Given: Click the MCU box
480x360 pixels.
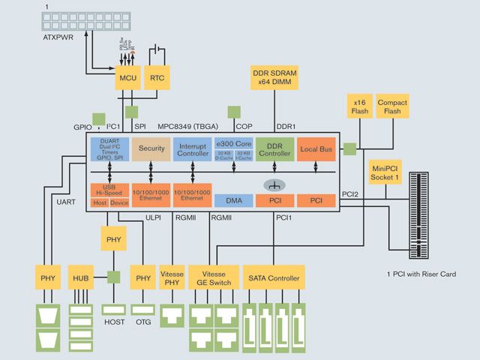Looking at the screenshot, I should coord(126,77).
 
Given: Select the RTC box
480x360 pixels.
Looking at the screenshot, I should coord(157,77).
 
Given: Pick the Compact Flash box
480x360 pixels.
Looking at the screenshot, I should coord(392,106).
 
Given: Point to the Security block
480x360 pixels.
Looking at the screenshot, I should coord(151,148).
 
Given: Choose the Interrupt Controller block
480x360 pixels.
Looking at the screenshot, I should coord(193,148).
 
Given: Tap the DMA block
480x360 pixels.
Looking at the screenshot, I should coord(233,200).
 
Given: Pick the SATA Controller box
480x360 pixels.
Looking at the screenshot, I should coord(274,278).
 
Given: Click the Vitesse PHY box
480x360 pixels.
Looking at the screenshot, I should coord(172,278).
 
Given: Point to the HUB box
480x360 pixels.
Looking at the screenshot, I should coord(80,278).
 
